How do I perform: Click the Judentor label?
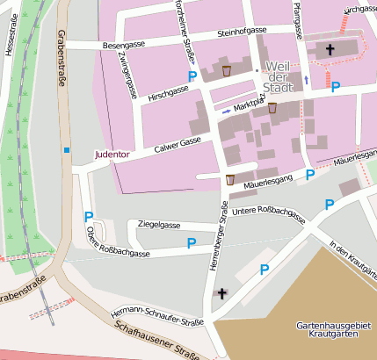pos(112,155)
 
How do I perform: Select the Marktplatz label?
pos(249,105)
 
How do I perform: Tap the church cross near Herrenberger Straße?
pos(221,293)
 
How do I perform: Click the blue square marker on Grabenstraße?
pos(66,149)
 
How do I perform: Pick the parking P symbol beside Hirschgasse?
pos(192,76)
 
